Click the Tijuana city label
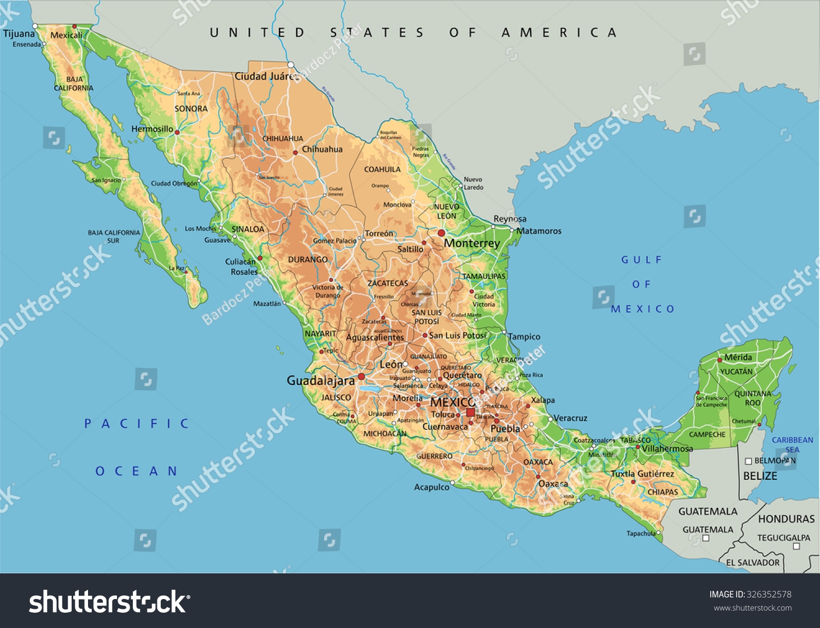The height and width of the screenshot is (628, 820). [x=19, y=34]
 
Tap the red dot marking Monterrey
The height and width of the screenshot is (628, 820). [x=441, y=233]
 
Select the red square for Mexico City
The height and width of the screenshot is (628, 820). [x=470, y=412]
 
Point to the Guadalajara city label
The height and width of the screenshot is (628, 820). [x=320, y=380]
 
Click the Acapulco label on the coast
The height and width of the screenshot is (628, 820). [x=431, y=487]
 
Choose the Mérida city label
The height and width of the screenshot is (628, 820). [x=738, y=357]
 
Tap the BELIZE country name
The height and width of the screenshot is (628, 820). [x=760, y=476]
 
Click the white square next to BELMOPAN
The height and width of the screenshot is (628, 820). [x=748, y=461]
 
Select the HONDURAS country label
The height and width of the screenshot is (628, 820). [x=786, y=519]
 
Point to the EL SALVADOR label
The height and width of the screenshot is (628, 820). [x=753, y=562]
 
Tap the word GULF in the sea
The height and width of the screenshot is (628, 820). [x=641, y=260]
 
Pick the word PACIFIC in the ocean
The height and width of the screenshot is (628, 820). [x=137, y=424]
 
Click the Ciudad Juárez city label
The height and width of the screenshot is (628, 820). [x=266, y=77]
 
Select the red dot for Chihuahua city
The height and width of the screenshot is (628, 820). [x=295, y=152]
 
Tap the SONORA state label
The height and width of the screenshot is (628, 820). [x=191, y=109]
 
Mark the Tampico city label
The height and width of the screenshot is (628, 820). [x=524, y=337]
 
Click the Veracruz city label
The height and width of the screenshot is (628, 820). [x=570, y=418]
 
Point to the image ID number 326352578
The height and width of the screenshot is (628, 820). [x=769, y=595]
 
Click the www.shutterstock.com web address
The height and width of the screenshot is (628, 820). [x=753, y=608]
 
